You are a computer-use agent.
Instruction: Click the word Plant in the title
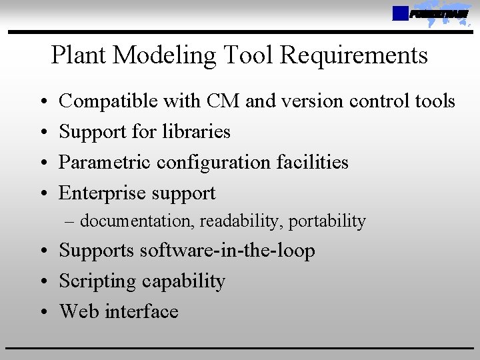(79, 55)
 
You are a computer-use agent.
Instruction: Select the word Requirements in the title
(353, 55)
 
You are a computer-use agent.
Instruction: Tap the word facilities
(310, 162)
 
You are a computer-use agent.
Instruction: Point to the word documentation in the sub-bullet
(135, 221)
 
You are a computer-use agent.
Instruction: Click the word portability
(327, 221)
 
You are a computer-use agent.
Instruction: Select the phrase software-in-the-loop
(227, 251)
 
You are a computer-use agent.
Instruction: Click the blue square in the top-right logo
(400, 13)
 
